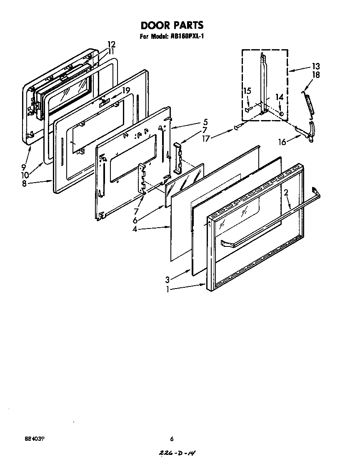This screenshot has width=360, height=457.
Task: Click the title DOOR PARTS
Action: click(171, 25)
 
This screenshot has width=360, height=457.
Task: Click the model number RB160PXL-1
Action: click(186, 36)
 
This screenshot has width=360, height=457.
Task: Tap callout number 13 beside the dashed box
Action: click(315, 66)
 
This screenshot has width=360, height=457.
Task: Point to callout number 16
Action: click(282, 142)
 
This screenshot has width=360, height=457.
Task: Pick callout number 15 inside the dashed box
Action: click(247, 90)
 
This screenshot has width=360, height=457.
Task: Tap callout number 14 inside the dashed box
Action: click(279, 97)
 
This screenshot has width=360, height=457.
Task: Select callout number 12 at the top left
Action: click(111, 44)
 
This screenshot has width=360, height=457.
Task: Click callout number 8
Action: click(25, 183)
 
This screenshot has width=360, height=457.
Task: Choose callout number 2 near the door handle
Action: click(286, 193)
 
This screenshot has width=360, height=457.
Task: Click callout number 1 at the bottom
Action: click(167, 289)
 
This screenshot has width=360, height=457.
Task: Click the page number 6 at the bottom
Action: click(171, 438)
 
